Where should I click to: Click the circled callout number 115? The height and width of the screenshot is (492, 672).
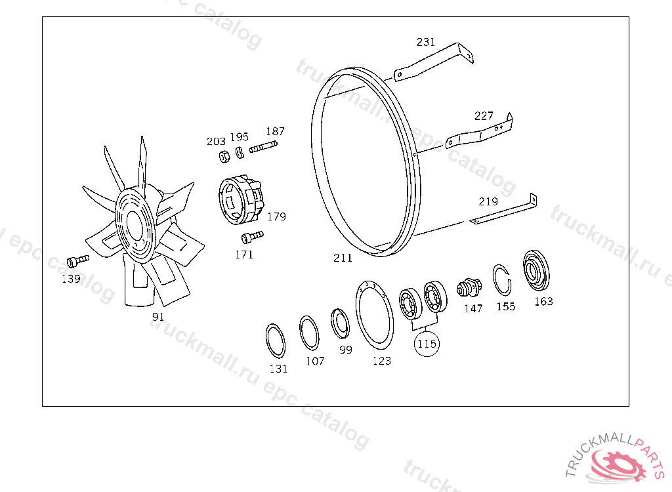click(427, 344)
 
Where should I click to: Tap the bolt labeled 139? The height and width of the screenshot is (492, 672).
click(78, 260)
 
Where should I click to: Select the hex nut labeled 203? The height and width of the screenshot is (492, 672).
click(224, 157)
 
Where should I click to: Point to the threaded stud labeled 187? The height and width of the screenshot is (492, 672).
click(263, 147)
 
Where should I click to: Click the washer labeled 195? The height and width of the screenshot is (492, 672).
click(240, 153)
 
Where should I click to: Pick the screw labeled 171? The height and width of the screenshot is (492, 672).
click(253, 237)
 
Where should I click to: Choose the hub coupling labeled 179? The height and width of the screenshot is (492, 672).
click(240, 199)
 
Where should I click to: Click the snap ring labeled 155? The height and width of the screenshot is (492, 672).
click(501, 280)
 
